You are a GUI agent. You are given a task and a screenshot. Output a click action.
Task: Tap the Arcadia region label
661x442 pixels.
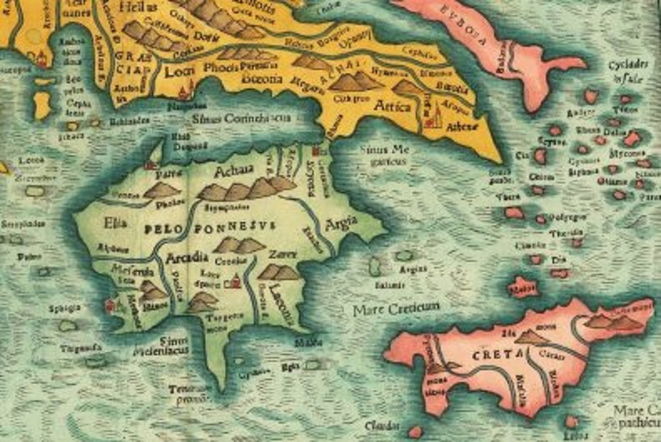coord(187,257)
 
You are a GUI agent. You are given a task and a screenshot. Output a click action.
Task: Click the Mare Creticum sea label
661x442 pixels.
coord(396,308)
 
